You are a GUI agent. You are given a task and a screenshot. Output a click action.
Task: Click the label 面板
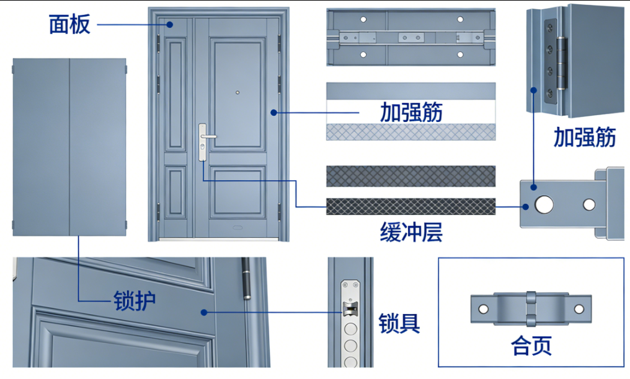pyautogui.click(x=69, y=24)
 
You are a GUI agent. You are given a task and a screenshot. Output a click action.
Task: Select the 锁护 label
pyautogui.click(x=135, y=300)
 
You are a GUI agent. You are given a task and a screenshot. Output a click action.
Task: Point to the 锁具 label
pyautogui.click(x=399, y=323)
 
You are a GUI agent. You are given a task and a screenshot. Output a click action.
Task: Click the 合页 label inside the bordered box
pyautogui.click(x=531, y=345)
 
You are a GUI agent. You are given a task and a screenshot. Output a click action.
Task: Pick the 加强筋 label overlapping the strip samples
pyautogui.click(x=411, y=113)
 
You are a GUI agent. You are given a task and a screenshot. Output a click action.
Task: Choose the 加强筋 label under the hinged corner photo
pyautogui.click(x=584, y=137)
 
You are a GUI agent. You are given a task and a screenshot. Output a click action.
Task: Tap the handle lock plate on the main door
pyautogui.click(x=202, y=142)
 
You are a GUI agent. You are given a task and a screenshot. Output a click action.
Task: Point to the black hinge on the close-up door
pyautogui.click(x=246, y=279)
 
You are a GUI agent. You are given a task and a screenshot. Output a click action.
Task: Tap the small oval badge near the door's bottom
pyautogui.click(x=238, y=227)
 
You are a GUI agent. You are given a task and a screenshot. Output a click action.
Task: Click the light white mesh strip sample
pyautogui.click(x=410, y=132)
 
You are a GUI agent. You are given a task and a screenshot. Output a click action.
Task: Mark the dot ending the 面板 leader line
pyautogui.click(x=168, y=24)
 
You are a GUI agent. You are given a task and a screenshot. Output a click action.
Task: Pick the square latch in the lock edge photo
pyautogui.click(x=350, y=308)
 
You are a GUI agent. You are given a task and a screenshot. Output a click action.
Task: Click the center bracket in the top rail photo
pyautogui.click(x=411, y=38)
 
